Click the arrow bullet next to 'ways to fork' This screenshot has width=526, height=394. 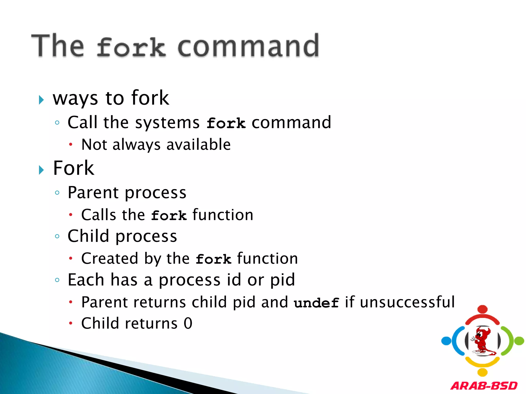(x=41, y=100)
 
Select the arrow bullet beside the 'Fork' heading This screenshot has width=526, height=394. (x=41, y=170)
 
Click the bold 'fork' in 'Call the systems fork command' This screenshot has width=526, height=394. (x=226, y=123)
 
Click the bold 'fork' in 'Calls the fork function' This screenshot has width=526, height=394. (x=169, y=215)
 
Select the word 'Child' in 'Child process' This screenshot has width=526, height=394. (x=88, y=236)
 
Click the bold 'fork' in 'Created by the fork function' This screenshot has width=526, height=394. (x=213, y=259)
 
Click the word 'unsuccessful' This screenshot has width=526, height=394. (x=407, y=302)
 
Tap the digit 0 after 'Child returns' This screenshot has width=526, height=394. (x=188, y=323)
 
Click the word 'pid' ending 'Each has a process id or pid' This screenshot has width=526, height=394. (x=283, y=280)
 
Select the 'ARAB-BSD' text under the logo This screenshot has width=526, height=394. (x=484, y=386)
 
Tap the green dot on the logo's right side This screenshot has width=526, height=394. (x=519, y=341)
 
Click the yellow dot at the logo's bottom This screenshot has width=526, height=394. (x=483, y=372)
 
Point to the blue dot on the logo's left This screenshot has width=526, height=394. (x=446, y=341)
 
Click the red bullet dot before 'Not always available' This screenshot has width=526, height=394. (x=71, y=144)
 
